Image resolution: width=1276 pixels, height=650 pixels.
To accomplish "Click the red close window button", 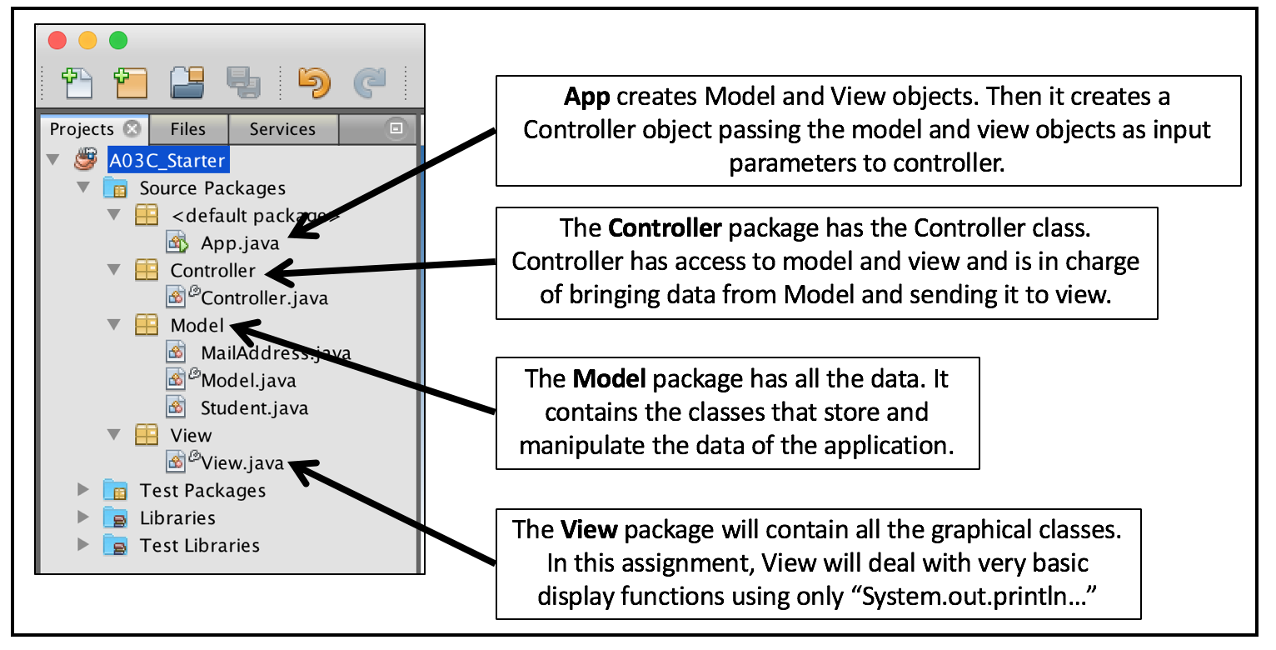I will click(x=57, y=40).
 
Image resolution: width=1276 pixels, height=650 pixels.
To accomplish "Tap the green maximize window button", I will click(x=119, y=40).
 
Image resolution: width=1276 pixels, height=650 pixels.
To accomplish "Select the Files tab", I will click(x=187, y=129).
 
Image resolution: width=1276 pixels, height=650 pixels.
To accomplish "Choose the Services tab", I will click(x=282, y=129).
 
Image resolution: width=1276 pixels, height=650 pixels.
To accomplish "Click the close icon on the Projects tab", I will click(x=131, y=129).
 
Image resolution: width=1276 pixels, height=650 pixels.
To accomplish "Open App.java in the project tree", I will click(x=240, y=244).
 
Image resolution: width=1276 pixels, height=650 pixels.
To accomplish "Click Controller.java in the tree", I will click(x=264, y=297).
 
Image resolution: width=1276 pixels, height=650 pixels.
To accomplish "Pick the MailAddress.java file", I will click(x=275, y=352).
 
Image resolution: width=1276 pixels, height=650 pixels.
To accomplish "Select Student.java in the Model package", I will click(x=254, y=407).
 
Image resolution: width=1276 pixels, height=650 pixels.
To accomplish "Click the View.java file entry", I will click(x=242, y=462).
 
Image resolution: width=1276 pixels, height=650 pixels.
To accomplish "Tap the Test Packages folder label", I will click(x=202, y=490).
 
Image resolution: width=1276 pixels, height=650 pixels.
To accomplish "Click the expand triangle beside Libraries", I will click(x=82, y=517).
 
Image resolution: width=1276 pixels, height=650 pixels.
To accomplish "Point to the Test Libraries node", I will click(x=199, y=545).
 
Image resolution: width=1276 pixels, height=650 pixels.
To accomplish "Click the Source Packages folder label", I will click(x=212, y=188).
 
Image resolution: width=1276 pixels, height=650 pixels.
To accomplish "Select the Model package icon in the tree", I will click(x=147, y=325).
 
